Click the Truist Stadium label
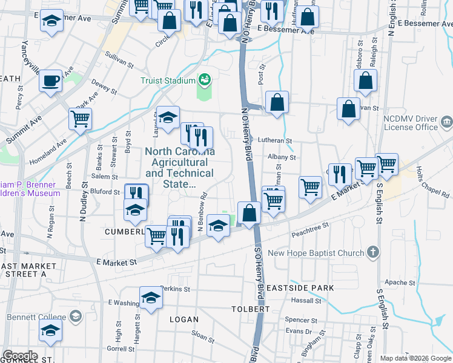click(168, 80)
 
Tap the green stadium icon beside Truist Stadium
click(205, 80)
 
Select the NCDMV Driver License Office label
click(411, 123)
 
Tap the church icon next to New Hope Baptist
click(374, 252)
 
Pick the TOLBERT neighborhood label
click(250, 309)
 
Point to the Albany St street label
click(282, 157)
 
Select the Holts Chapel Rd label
click(434, 183)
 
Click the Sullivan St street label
click(119, 60)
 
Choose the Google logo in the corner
click(20, 356)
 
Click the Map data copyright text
click(415, 358)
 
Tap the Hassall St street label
click(305, 300)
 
